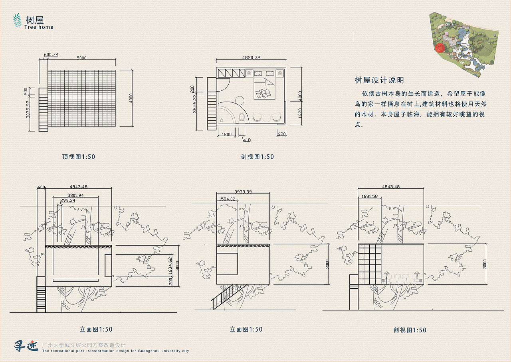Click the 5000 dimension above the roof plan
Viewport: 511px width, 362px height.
[81, 58]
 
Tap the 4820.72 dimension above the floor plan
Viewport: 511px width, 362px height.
[251, 58]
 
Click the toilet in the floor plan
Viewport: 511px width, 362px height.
[241, 117]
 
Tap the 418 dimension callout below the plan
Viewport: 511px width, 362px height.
[247, 140]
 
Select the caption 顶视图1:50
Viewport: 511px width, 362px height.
[78, 157]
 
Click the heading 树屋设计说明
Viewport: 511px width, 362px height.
[379, 80]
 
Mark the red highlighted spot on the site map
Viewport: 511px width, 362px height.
[440, 48]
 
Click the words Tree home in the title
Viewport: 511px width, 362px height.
[39, 27]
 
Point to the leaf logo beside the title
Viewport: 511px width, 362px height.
[17, 21]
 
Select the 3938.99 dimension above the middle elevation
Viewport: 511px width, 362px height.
[243, 192]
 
